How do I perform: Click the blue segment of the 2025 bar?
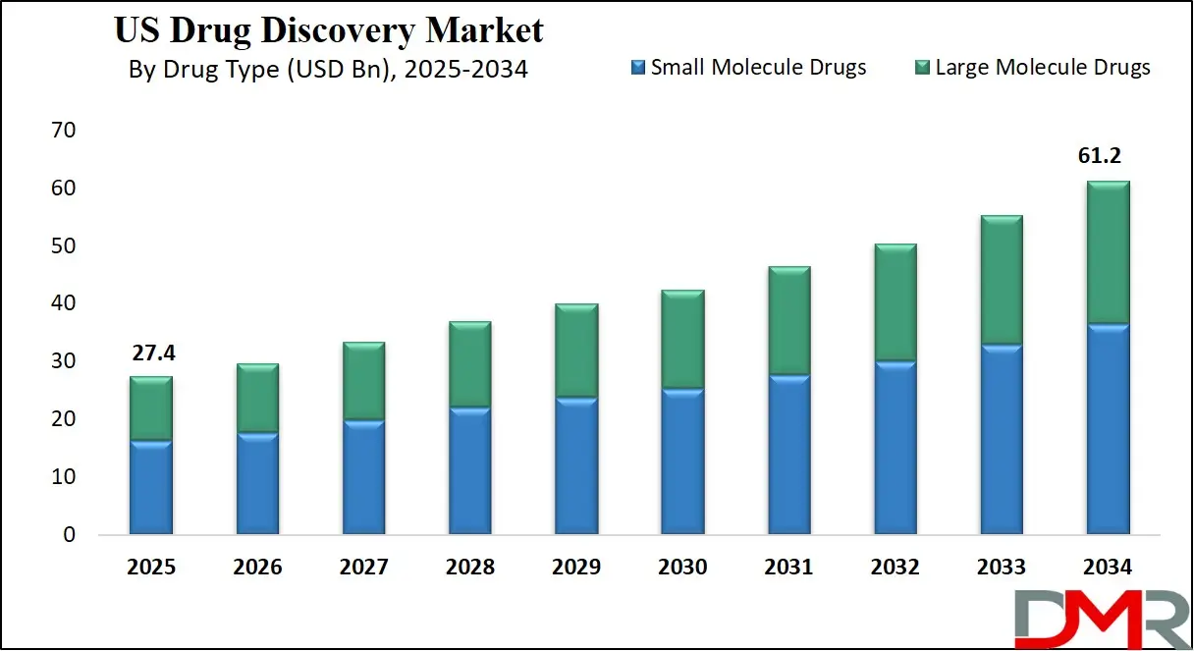coord(151,487)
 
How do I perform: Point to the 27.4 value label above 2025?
coord(151,352)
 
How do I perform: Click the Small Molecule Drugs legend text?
coord(758,67)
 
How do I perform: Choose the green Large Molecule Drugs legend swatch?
coord(922,68)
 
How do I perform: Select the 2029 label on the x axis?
coord(576,568)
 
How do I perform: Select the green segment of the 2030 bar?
coord(682,340)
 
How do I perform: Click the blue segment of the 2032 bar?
coord(895,448)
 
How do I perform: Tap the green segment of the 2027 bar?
coord(363,381)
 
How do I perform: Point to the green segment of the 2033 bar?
coord(1002,280)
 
